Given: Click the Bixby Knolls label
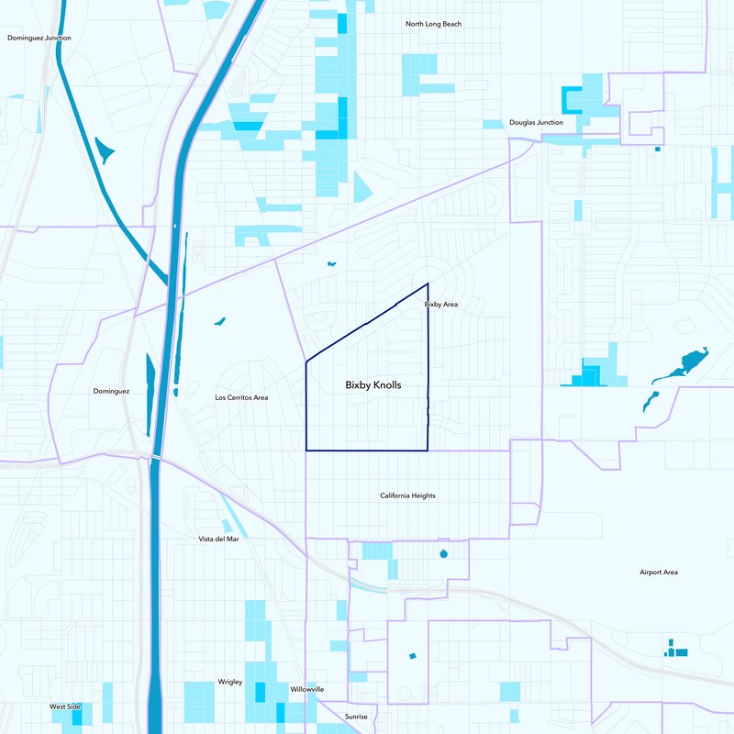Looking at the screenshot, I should pyautogui.click(x=373, y=385).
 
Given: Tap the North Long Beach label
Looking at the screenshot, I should pyautogui.click(x=433, y=23).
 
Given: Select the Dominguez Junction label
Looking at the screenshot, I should pyautogui.click(x=39, y=38).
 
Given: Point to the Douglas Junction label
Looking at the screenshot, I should pyautogui.click(x=536, y=122).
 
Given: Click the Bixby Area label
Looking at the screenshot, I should pyautogui.click(x=440, y=304).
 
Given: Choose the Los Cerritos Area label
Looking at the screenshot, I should pyautogui.click(x=241, y=397).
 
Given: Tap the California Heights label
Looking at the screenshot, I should pyautogui.click(x=407, y=495).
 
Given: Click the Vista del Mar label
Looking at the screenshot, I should pyautogui.click(x=218, y=539).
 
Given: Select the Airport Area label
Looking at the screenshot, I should pyautogui.click(x=659, y=572).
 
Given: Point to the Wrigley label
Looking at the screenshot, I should pyautogui.click(x=229, y=682).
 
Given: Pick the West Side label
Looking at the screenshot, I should pyautogui.click(x=65, y=706).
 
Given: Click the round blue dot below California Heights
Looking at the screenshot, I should pyautogui.click(x=444, y=553).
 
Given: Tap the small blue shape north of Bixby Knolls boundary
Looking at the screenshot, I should pyautogui.click(x=331, y=264).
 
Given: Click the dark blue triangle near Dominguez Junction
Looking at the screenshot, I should pyautogui.click(x=104, y=149).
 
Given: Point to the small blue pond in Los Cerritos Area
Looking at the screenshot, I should pyautogui.click(x=219, y=321).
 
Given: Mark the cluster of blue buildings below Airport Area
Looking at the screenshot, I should pyautogui.click(x=676, y=651).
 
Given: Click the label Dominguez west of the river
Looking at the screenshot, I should pyautogui.click(x=111, y=391).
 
